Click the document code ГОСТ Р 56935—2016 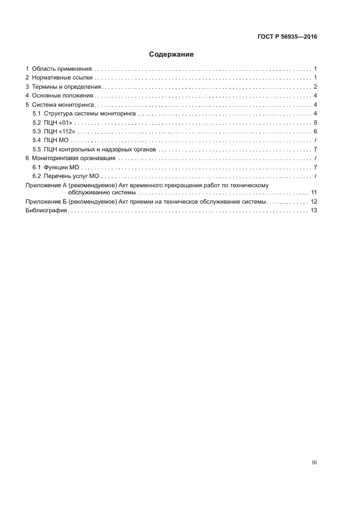point(287,37)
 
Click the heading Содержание point(172,54)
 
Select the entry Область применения point(62,69)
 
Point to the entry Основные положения point(63,96)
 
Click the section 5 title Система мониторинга point(63,105)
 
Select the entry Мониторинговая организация point(74,158)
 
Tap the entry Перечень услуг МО point(73,176)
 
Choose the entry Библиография point(46,211)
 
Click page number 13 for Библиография point(314,211)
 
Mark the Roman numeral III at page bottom point(314,462)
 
